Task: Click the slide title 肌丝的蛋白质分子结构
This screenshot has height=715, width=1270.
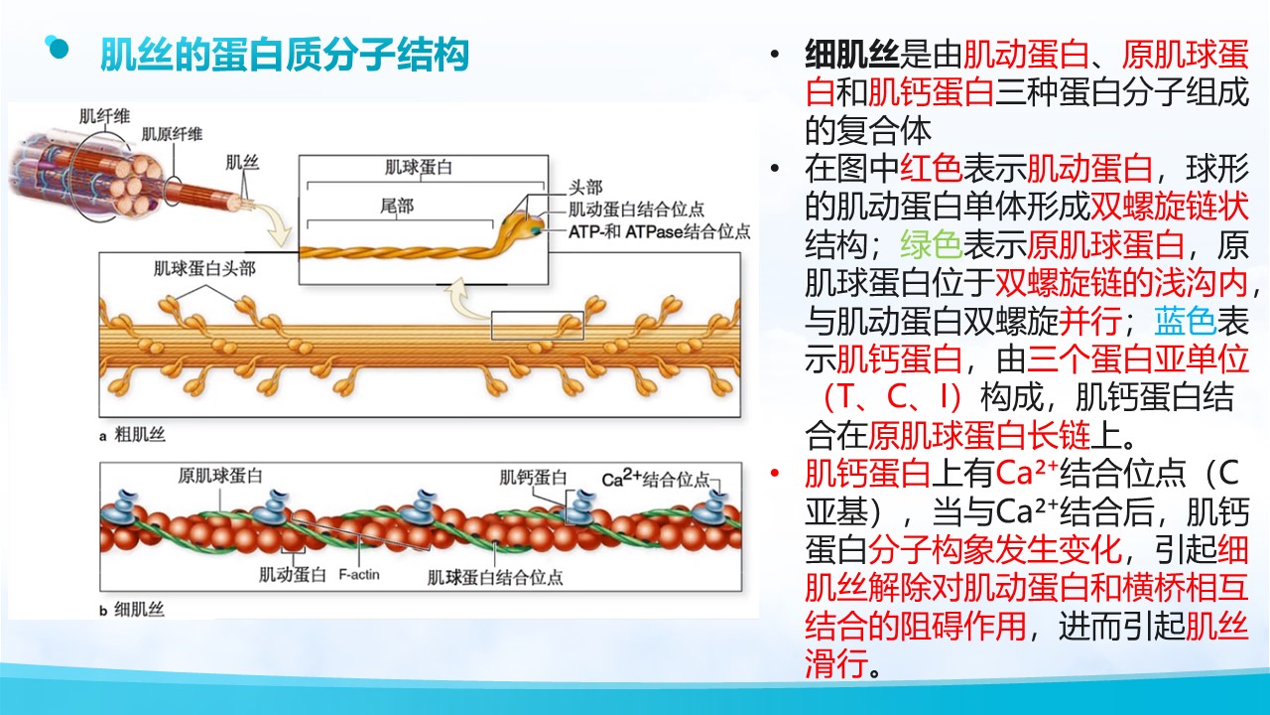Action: tap(284, 55)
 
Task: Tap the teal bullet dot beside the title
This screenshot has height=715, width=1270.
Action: tap(58, 48)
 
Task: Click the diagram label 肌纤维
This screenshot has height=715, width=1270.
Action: tap(104, 116)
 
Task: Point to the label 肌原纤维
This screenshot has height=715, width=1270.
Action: tap(172, 134)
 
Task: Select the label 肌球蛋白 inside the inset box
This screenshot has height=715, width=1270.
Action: tap(419, 168)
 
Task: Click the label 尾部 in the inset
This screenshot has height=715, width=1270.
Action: tap(397, 206)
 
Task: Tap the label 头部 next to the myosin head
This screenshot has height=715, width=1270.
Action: tap(585, 188)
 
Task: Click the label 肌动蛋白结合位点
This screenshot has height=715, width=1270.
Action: tap(636, 210)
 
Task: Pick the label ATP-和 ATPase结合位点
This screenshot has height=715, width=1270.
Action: tap(660, 231)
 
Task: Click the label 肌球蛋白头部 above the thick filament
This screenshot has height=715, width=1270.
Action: tap(204, 268)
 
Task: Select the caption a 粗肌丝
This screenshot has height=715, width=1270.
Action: tap(132, 435)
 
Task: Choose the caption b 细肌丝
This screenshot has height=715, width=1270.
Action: tap(132, 610)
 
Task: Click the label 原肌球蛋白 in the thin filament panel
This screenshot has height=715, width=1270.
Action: tap(220, 476)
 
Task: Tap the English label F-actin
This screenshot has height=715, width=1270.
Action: tap(359, 574)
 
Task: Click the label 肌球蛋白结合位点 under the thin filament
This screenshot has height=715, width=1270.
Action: tap(495, 578)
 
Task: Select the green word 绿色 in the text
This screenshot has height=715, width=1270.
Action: tap(932, 244)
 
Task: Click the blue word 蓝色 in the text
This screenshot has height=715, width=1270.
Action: tap(1185, 321)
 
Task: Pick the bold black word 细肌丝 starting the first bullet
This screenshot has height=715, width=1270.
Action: tap(851, 55)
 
